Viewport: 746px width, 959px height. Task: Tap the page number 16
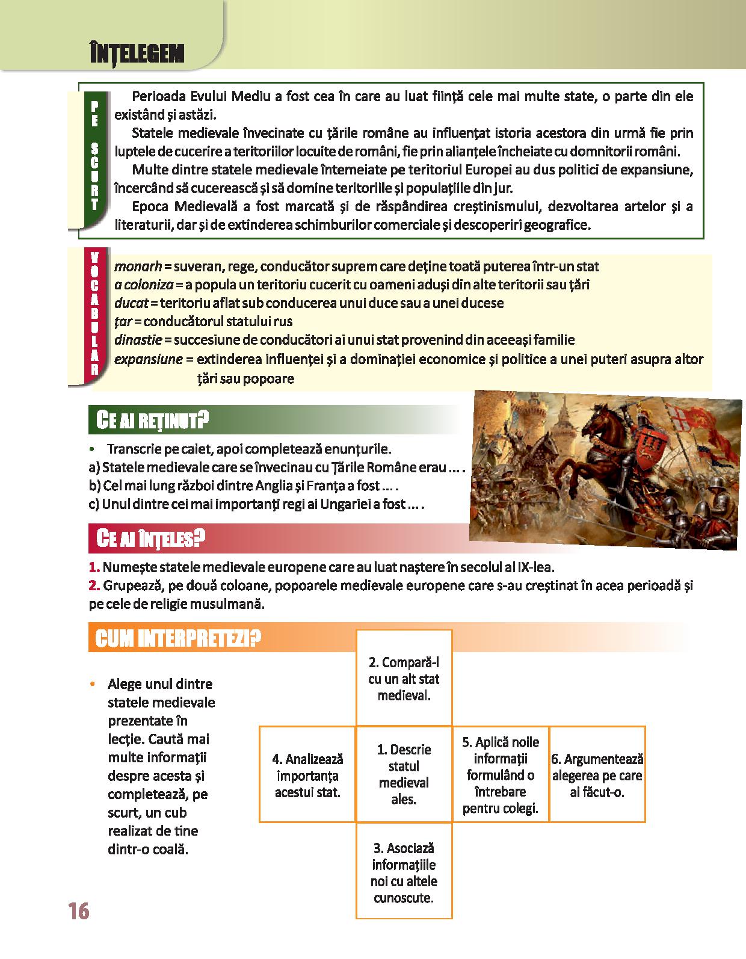point(79,911)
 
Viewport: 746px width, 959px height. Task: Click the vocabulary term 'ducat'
point(130,303)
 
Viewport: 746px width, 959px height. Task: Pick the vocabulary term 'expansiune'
point(148,359)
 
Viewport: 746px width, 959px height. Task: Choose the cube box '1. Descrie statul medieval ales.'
point(404,774)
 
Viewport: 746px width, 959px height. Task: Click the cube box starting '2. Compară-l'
point(404,679)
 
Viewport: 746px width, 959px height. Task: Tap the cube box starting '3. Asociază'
point(404,872)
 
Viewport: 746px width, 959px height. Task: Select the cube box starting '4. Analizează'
point(307,775)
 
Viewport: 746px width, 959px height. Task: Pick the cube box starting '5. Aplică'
point(500,775)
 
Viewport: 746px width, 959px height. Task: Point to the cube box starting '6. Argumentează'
point(597,775)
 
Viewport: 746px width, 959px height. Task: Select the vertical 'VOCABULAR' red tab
point(94,315)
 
